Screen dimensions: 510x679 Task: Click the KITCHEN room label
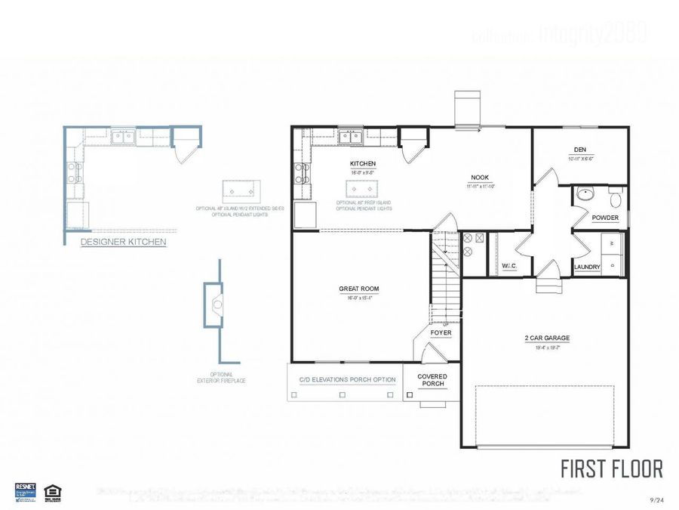pos(362,164)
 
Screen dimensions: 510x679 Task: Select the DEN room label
pos(580,150)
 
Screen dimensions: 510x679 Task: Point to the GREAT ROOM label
pos(359,289)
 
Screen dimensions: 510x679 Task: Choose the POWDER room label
pos(605,218)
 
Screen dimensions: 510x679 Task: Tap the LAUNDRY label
pos(587,267)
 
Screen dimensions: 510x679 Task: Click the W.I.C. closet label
pos(508,267)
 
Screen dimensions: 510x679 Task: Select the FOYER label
pos(441,332)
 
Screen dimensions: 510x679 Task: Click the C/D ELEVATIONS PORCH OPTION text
pos(347,379)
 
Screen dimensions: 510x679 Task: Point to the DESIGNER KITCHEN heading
pos(123,243)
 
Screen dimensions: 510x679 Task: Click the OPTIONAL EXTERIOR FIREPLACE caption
pos(222,377)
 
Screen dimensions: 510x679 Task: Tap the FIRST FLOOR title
pos(611,468)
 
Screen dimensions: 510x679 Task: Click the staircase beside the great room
pos(444,280)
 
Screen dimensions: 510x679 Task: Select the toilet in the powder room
pos(616,199)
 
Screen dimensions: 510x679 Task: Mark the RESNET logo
pos(26,489)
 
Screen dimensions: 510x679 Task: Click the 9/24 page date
pos(656,500)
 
